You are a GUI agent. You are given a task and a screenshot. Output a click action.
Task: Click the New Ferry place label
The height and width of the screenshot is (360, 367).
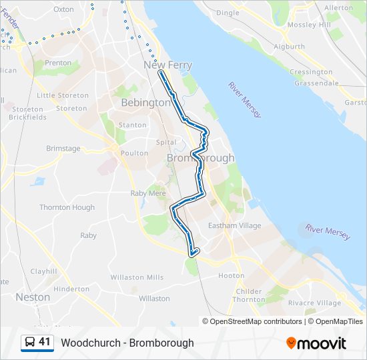tap(167, 65)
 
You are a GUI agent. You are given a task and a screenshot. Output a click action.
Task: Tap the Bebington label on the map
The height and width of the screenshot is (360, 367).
tap(145, 103)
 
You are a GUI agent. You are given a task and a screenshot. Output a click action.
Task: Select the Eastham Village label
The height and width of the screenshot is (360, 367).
tap(235, 226)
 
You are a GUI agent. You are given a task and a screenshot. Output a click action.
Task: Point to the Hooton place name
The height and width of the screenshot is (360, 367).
tap(232, 275)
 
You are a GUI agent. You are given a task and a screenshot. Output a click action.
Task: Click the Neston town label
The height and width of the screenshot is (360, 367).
tap(33, 297)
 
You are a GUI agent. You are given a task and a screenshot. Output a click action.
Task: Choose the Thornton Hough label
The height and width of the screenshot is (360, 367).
tap(67, 207)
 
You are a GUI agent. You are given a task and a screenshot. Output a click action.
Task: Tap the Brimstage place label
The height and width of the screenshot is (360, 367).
tap(63, 149)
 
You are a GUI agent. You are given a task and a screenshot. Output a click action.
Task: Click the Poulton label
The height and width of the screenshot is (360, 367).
tap(134, 153)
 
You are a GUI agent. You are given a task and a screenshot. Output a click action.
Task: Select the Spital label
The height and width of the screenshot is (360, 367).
tap(166, 143)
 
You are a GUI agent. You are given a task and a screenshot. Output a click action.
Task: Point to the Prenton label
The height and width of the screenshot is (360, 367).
tap(58, 63)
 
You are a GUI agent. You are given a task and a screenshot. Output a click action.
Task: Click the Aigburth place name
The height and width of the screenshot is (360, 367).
tap(289, 47)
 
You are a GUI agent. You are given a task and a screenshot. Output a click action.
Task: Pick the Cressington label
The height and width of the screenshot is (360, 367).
tap(311, 72)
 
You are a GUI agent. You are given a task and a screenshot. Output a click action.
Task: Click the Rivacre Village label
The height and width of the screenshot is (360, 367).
tap(314, 303)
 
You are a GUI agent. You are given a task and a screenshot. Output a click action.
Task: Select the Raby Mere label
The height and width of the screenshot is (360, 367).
tap(147, 193)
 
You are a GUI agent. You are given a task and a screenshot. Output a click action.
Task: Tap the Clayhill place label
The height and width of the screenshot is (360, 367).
tap(43, 272)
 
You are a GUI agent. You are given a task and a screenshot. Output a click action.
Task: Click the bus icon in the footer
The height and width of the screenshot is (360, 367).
tap(30, 342)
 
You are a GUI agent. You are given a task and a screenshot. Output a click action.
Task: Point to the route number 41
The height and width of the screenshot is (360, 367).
tap(45, 342)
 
